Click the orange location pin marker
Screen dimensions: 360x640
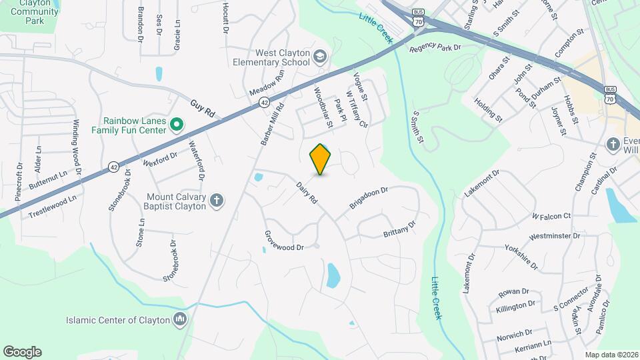321,159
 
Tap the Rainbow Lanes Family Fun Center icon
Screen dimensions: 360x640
177,125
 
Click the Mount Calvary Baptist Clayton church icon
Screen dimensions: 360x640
216,200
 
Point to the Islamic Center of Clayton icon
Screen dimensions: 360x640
179,319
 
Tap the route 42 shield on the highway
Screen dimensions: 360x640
265,103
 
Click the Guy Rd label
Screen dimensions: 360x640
203,109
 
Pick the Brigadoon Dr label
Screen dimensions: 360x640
369,199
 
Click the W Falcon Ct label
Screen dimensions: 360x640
551,216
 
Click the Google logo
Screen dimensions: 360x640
22,352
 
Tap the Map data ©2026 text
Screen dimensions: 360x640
611,355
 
